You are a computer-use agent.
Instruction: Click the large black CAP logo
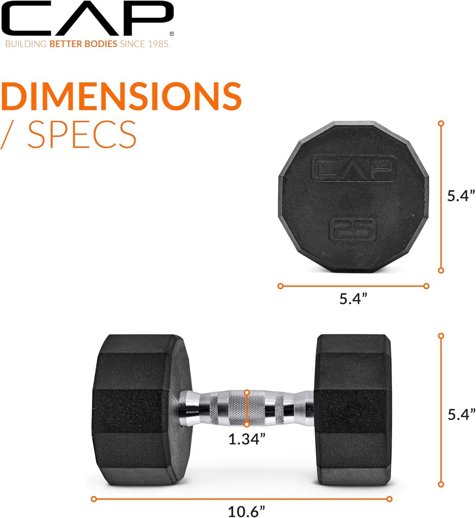[x=87, y=19]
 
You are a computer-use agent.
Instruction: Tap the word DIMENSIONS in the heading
[x=122, y=96]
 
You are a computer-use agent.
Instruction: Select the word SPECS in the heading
[x=82, y=134]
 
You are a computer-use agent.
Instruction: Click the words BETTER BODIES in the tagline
[x=84, y=44]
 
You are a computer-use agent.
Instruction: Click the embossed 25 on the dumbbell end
[x=352, y=230]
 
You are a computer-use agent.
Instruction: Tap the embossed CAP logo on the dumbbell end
[x=353, y=168]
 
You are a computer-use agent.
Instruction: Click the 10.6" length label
[x=247, y=511]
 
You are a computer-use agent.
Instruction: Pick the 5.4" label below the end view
[x=353, y=299]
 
